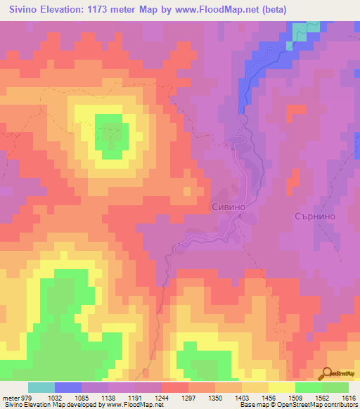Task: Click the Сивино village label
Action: pos(229,207)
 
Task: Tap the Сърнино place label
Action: pos(318,216)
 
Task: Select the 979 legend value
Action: pos(25,397)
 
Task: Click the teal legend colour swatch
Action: pos(41,387)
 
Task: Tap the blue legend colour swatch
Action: pos(68,387)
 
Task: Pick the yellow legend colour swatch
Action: pos(282,387)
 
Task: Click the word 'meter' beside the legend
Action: pos(9,397)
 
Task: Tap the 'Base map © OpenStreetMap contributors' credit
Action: pos(298,405)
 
